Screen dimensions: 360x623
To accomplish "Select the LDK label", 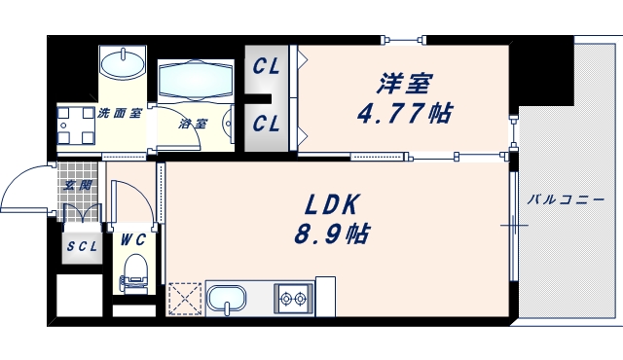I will (334, 205).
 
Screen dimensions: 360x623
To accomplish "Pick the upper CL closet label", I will (267, 67).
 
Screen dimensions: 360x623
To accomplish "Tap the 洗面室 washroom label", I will (120, 114).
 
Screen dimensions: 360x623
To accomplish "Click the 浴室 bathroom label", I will (193, 124).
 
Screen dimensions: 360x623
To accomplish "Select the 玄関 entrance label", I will (78, 185).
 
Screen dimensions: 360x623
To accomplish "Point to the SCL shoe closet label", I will (82, 246).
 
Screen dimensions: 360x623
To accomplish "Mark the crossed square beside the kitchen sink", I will (184, 298).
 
